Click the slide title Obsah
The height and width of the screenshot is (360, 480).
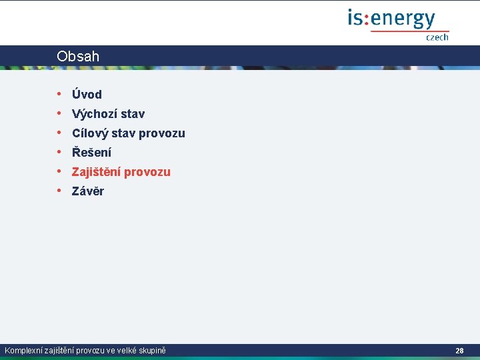tap(78, 57)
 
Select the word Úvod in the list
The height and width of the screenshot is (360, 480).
tap(87, 95)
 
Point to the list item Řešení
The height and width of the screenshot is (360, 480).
tap(91, 153)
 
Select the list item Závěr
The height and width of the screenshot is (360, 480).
tap(88, 191)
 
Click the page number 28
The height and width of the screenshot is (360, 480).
tap(459, 350)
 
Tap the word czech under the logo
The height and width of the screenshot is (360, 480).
tap(437, 37)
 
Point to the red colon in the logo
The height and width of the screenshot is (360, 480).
tap(366, 19)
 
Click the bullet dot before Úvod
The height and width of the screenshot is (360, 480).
tap(59, 94)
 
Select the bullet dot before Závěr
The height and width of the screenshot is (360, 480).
tap(59, 191)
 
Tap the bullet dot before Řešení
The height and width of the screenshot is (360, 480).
tap(59, 152)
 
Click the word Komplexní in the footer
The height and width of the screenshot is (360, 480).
tap(23, 350)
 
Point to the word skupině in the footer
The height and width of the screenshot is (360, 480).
tap(151, 350)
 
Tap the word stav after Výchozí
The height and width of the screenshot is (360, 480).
tap(133, 114)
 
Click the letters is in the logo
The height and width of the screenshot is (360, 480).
tap(354, 18)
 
